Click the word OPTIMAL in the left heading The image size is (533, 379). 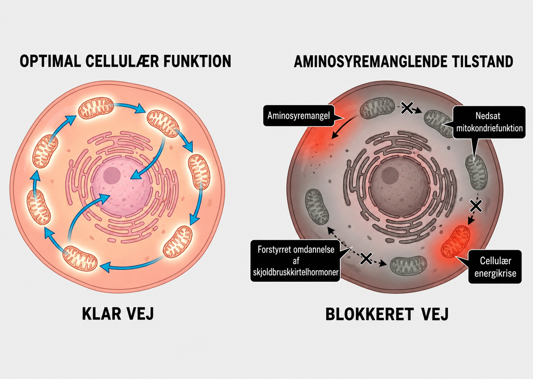[51, 61]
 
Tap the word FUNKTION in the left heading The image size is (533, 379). [197, 61]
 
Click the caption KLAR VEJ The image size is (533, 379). [118, 314]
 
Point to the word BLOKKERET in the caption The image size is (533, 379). [369, 314]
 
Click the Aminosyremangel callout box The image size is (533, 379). [299, 116]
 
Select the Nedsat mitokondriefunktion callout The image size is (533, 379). [489, 122]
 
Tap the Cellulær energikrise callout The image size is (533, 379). [495, 267]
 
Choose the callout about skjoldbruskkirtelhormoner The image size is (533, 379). [295, 261]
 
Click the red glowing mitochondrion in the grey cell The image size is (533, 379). [456, 241]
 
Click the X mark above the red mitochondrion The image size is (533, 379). [476, 206]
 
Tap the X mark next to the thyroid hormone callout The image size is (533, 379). [366, 259]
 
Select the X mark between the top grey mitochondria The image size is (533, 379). [407, 108]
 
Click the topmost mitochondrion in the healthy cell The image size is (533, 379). [96, 107]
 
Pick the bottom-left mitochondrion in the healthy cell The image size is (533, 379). [80, 259]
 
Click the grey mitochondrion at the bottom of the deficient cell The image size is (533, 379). [408, 266]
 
